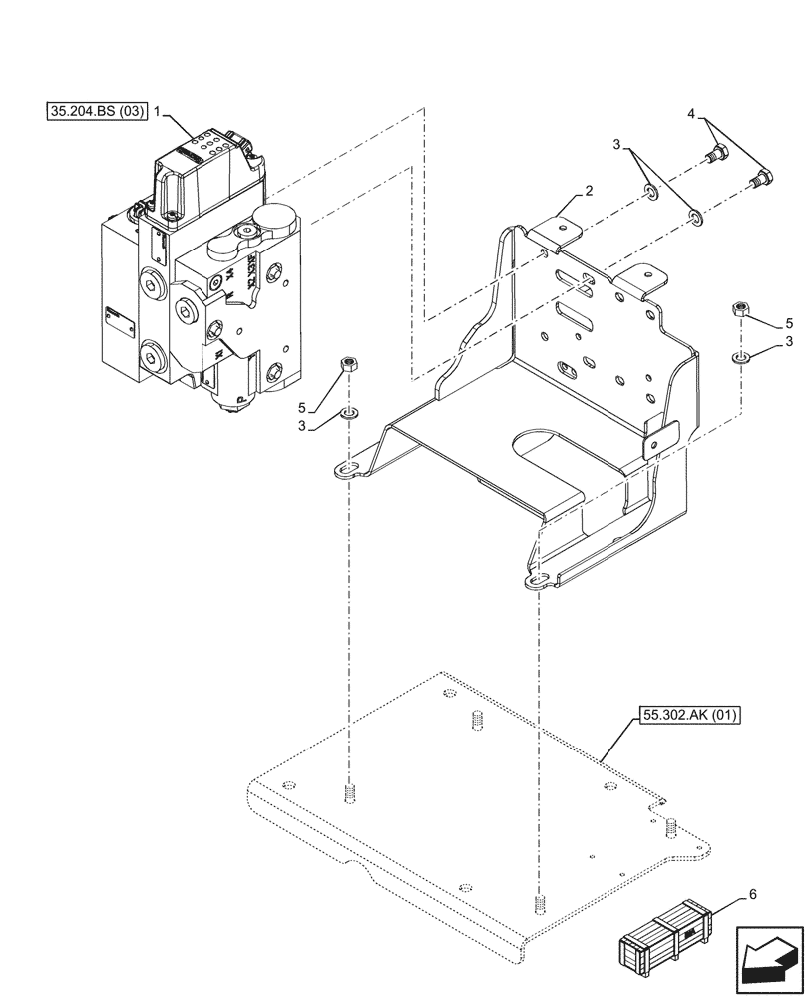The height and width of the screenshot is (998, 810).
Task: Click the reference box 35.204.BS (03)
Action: pyautogui.click(x=96, y=111)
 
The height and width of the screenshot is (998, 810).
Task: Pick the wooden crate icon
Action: pyautogui.click(x=664, y=938)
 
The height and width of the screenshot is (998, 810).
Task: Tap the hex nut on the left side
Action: pyautogui.click(x=348, y=365)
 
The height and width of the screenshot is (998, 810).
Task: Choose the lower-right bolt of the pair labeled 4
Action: pyautogui.click(x=760, y=181)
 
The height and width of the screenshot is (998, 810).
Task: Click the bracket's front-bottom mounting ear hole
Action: pyautogui.click(x=537, y=582)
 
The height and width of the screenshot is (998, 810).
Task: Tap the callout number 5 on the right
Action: pyautogui.click(x=788, y=323)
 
